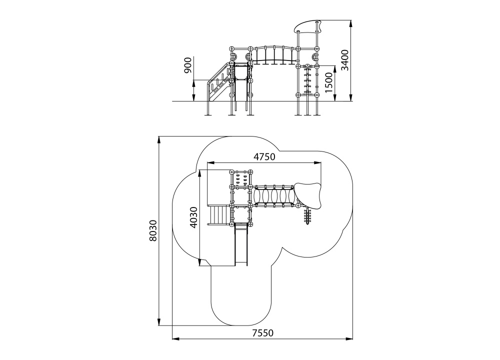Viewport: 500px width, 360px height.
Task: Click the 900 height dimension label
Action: click(x=188, y=65)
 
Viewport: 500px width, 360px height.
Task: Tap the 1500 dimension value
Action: click(x=328, y=81)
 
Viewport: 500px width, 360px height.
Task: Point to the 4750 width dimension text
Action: click(x=264, y=157)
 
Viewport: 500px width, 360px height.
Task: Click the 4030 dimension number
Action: click(x=194, y=216)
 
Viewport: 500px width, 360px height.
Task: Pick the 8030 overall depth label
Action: click(x=153, y=230)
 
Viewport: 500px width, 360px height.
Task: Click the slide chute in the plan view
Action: click(x=242, y=245)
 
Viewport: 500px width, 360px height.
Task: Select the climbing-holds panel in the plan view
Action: click(x=242, y=179)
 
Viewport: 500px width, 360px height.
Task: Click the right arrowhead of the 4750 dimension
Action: click(x=319, y=163)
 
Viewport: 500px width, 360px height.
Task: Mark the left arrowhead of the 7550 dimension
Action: click(x=174, y=339)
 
